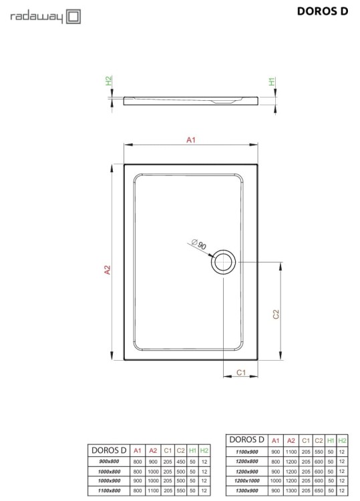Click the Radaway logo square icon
(x=73, y=17)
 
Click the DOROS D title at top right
(x=323, y=11)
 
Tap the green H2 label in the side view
(x=109, y=81)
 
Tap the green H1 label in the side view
(x=272, y=81)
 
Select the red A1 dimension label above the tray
(x=191, y=140)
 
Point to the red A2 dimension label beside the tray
(x=108, y=270)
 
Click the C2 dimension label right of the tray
(x=276, y=315)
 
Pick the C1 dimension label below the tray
(x=241, y=372)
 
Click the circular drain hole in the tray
(x=223, y=262)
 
